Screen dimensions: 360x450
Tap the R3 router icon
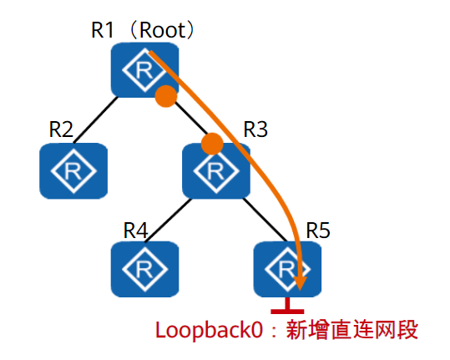click(216, 170)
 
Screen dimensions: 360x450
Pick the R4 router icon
click(145, 270)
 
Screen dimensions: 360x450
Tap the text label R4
click(136, 229)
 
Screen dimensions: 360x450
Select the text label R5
click(318, 230)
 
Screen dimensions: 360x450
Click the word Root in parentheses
click(163, 30)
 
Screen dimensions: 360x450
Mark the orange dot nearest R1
click(167, 96)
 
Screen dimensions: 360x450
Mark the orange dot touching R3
click(212, 143)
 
